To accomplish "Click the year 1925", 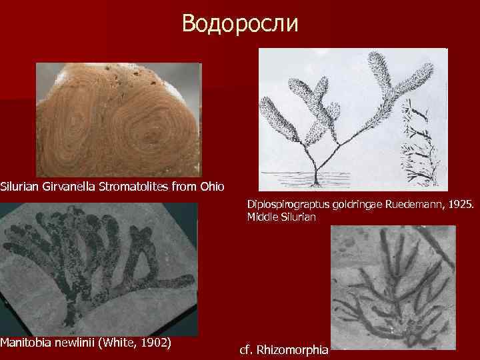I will (x=460, y=205).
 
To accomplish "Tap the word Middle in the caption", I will (x=262, y=217).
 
